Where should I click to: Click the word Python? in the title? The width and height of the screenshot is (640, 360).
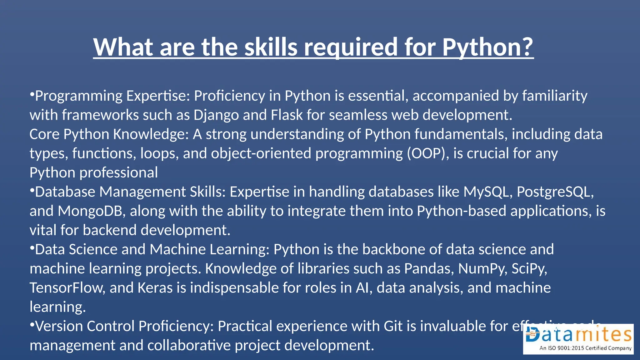click(487, 47)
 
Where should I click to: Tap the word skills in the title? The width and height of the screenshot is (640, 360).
click(271, 47)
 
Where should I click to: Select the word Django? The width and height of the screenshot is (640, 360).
click(216, 115)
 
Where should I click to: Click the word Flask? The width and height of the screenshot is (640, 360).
click(287, 115)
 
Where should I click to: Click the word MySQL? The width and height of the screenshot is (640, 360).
click(488, 192)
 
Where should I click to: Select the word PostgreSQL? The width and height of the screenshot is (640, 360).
click(555, 192)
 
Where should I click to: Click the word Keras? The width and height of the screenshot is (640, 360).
click(155, 288)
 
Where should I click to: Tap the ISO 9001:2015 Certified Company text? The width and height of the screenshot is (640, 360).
click(585, 348)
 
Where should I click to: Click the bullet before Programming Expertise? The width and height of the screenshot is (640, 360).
click(32, 94)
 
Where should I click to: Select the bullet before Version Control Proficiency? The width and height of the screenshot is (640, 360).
click(32, 325)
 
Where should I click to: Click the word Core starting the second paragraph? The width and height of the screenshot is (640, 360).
click(44, 134)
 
